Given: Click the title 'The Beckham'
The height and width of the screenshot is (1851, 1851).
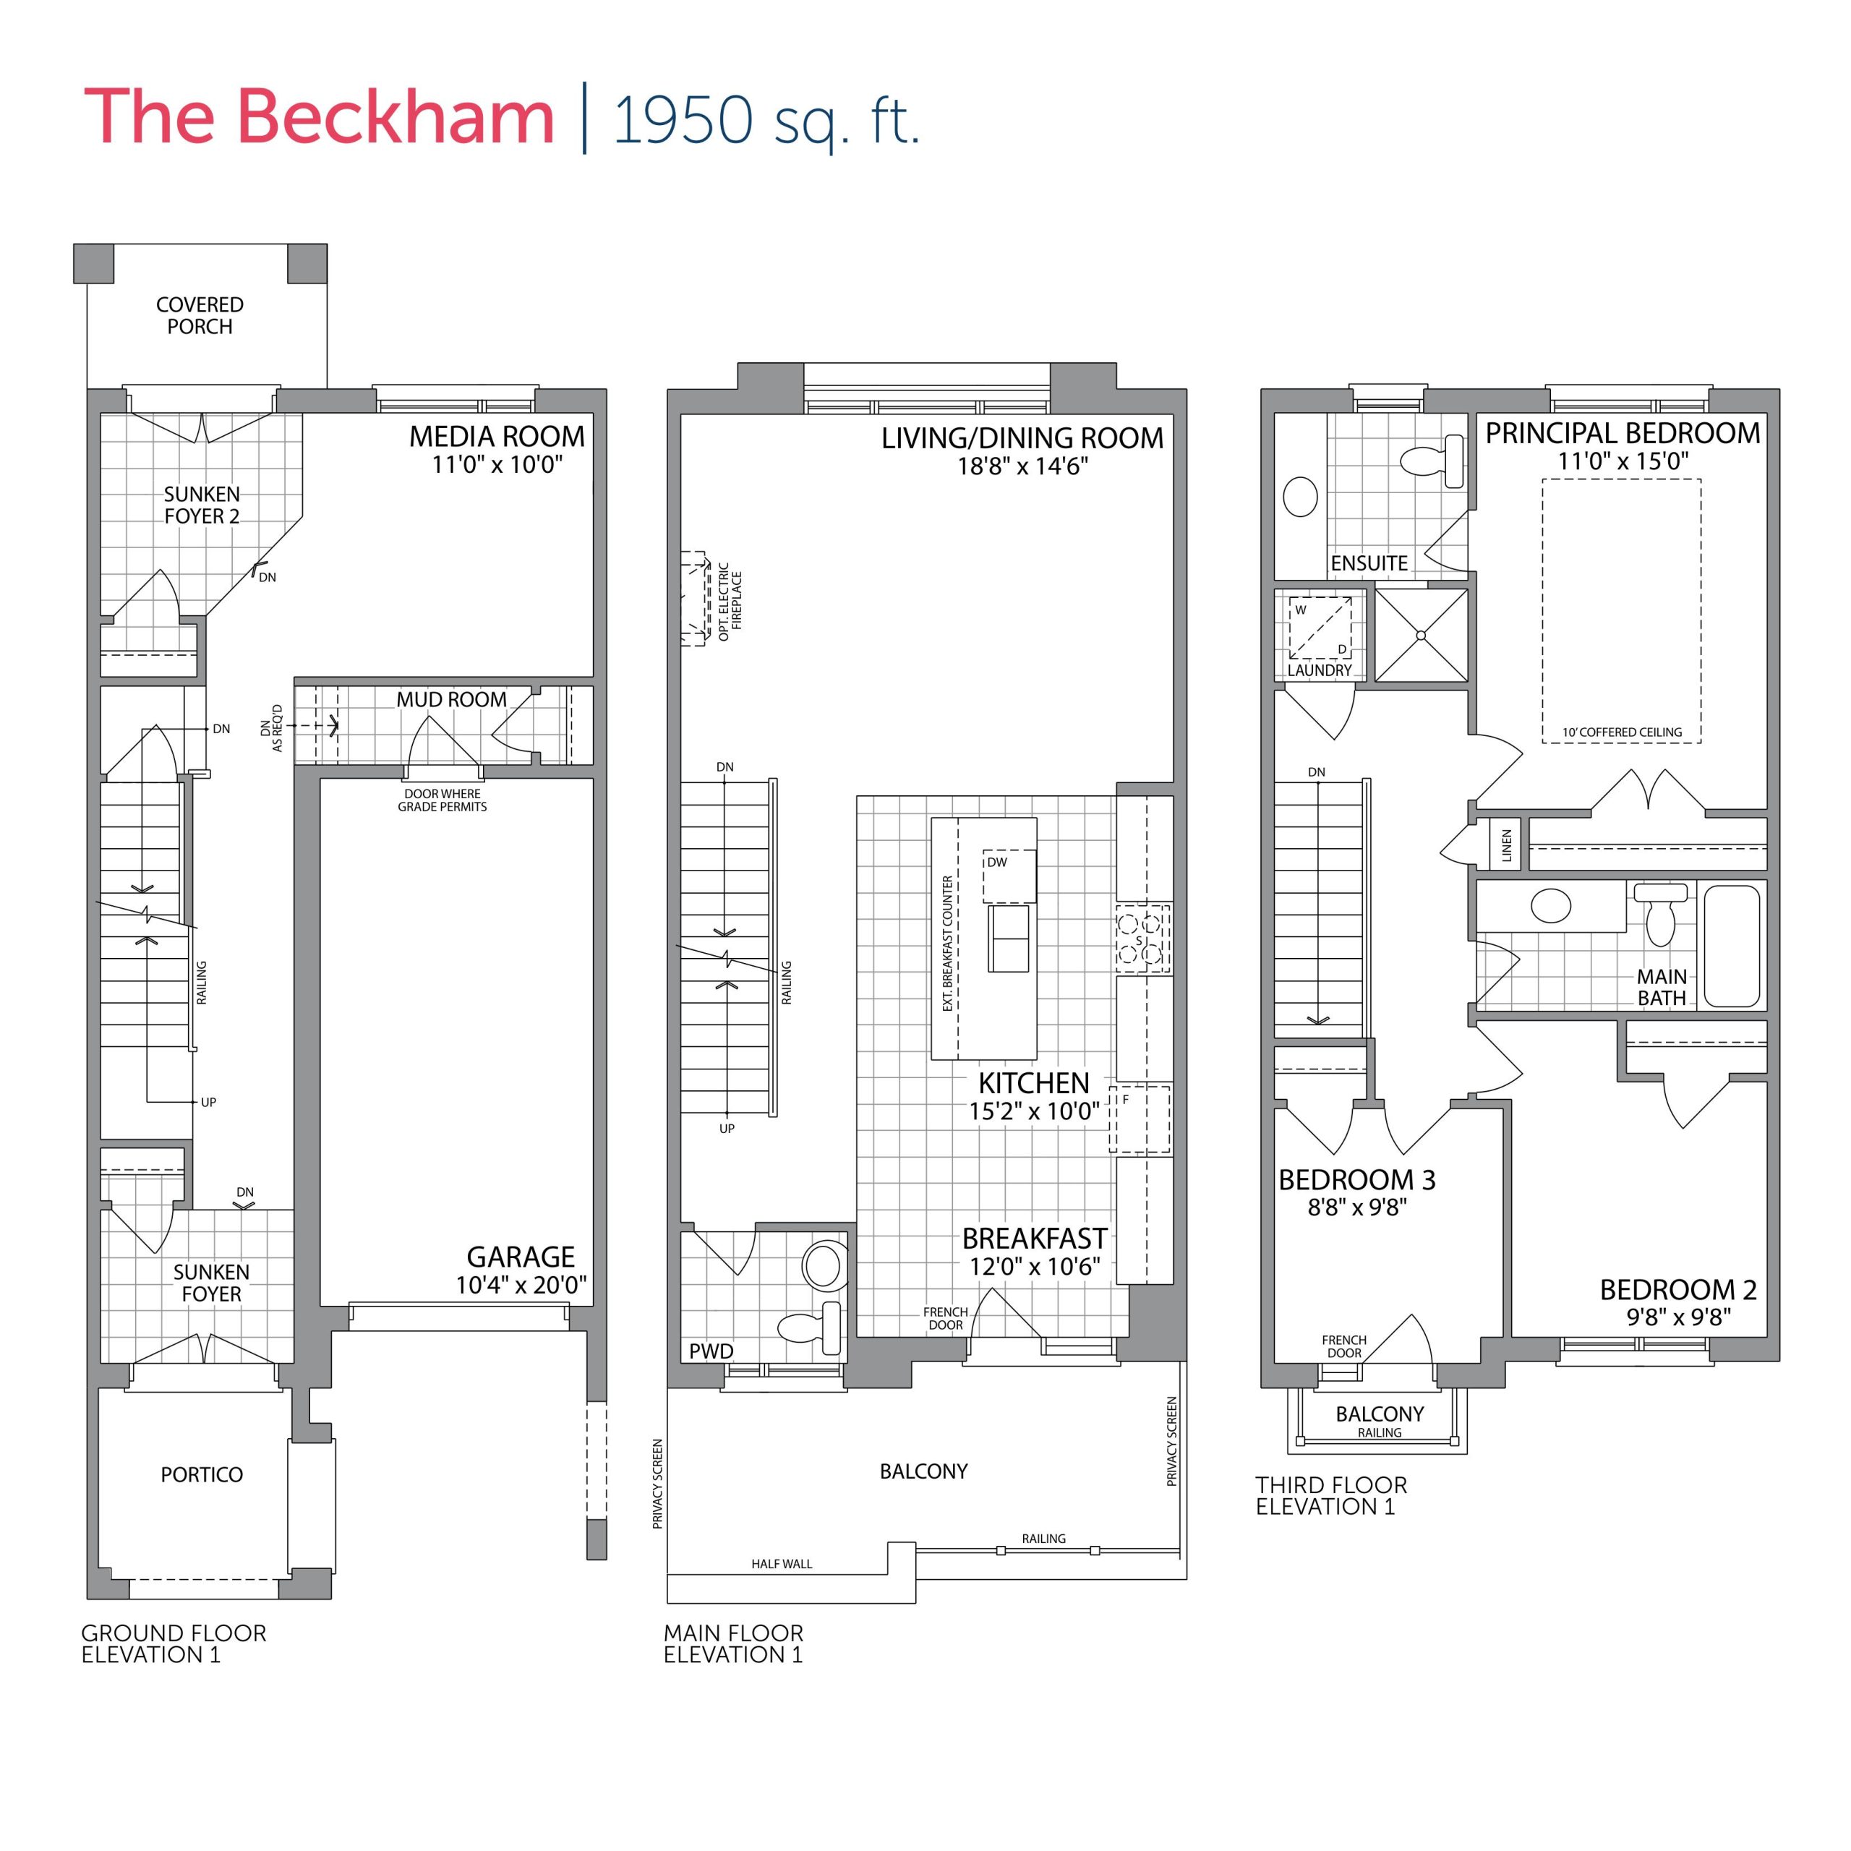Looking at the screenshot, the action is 319,117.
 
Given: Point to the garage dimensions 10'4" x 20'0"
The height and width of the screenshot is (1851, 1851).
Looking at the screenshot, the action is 521,1285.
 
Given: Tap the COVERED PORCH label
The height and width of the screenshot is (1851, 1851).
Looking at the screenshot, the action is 200,315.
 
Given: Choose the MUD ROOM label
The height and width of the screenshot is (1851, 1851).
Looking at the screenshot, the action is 451,699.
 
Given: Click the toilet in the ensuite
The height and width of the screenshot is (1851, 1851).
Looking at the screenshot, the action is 1433,461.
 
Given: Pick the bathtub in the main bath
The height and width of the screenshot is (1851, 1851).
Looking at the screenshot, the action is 1732,945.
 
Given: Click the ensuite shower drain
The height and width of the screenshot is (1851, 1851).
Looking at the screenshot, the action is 1421,636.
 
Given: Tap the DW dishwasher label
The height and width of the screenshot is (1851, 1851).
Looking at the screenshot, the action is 997,863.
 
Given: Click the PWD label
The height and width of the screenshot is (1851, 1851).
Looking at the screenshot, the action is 711,1351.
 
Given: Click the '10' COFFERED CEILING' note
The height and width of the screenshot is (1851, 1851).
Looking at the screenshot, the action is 1621,732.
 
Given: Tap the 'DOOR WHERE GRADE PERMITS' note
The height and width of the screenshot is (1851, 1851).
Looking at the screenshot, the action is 443,800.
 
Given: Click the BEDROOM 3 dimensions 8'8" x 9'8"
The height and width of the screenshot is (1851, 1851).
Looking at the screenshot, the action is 1356,1207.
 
